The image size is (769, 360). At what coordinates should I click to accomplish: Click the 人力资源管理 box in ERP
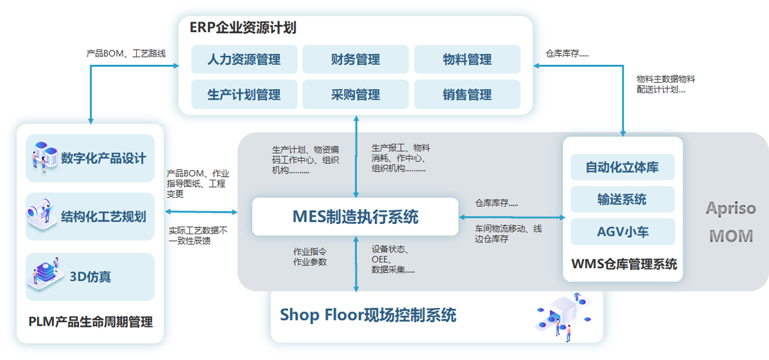tap(245, 59)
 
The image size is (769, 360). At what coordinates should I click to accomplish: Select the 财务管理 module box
tap(355, 59)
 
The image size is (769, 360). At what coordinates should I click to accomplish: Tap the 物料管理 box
tap(467, 59)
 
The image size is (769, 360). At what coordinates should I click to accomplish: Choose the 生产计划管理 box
tap(245, 95)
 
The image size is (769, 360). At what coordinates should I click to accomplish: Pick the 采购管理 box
tap(355, 95)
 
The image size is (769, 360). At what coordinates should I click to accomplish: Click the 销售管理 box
tap(467, 95)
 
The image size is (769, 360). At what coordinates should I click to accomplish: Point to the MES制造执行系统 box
tap(355, 216)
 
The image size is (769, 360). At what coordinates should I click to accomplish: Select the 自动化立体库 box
tap(623, 167)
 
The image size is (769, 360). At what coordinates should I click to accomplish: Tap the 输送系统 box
tap(623, 199)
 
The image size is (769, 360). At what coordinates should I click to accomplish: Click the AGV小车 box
tap(623, 231)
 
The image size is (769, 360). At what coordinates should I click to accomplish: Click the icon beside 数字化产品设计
tap(43, 158)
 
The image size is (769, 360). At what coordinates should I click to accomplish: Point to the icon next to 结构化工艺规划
tap(43, 216)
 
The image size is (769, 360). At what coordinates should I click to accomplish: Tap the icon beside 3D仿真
tap(44, 276)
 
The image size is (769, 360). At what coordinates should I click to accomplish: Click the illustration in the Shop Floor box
tap(558, 316)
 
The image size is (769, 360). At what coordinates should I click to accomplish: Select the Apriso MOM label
tap(730, 222)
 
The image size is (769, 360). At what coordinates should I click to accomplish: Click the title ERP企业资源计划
tap(243, 28)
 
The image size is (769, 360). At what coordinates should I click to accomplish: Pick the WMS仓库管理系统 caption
tap(624, 264)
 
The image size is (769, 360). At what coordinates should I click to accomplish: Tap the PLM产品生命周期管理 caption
tap(91, 322)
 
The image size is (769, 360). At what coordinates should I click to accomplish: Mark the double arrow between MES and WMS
tap(512, 218)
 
